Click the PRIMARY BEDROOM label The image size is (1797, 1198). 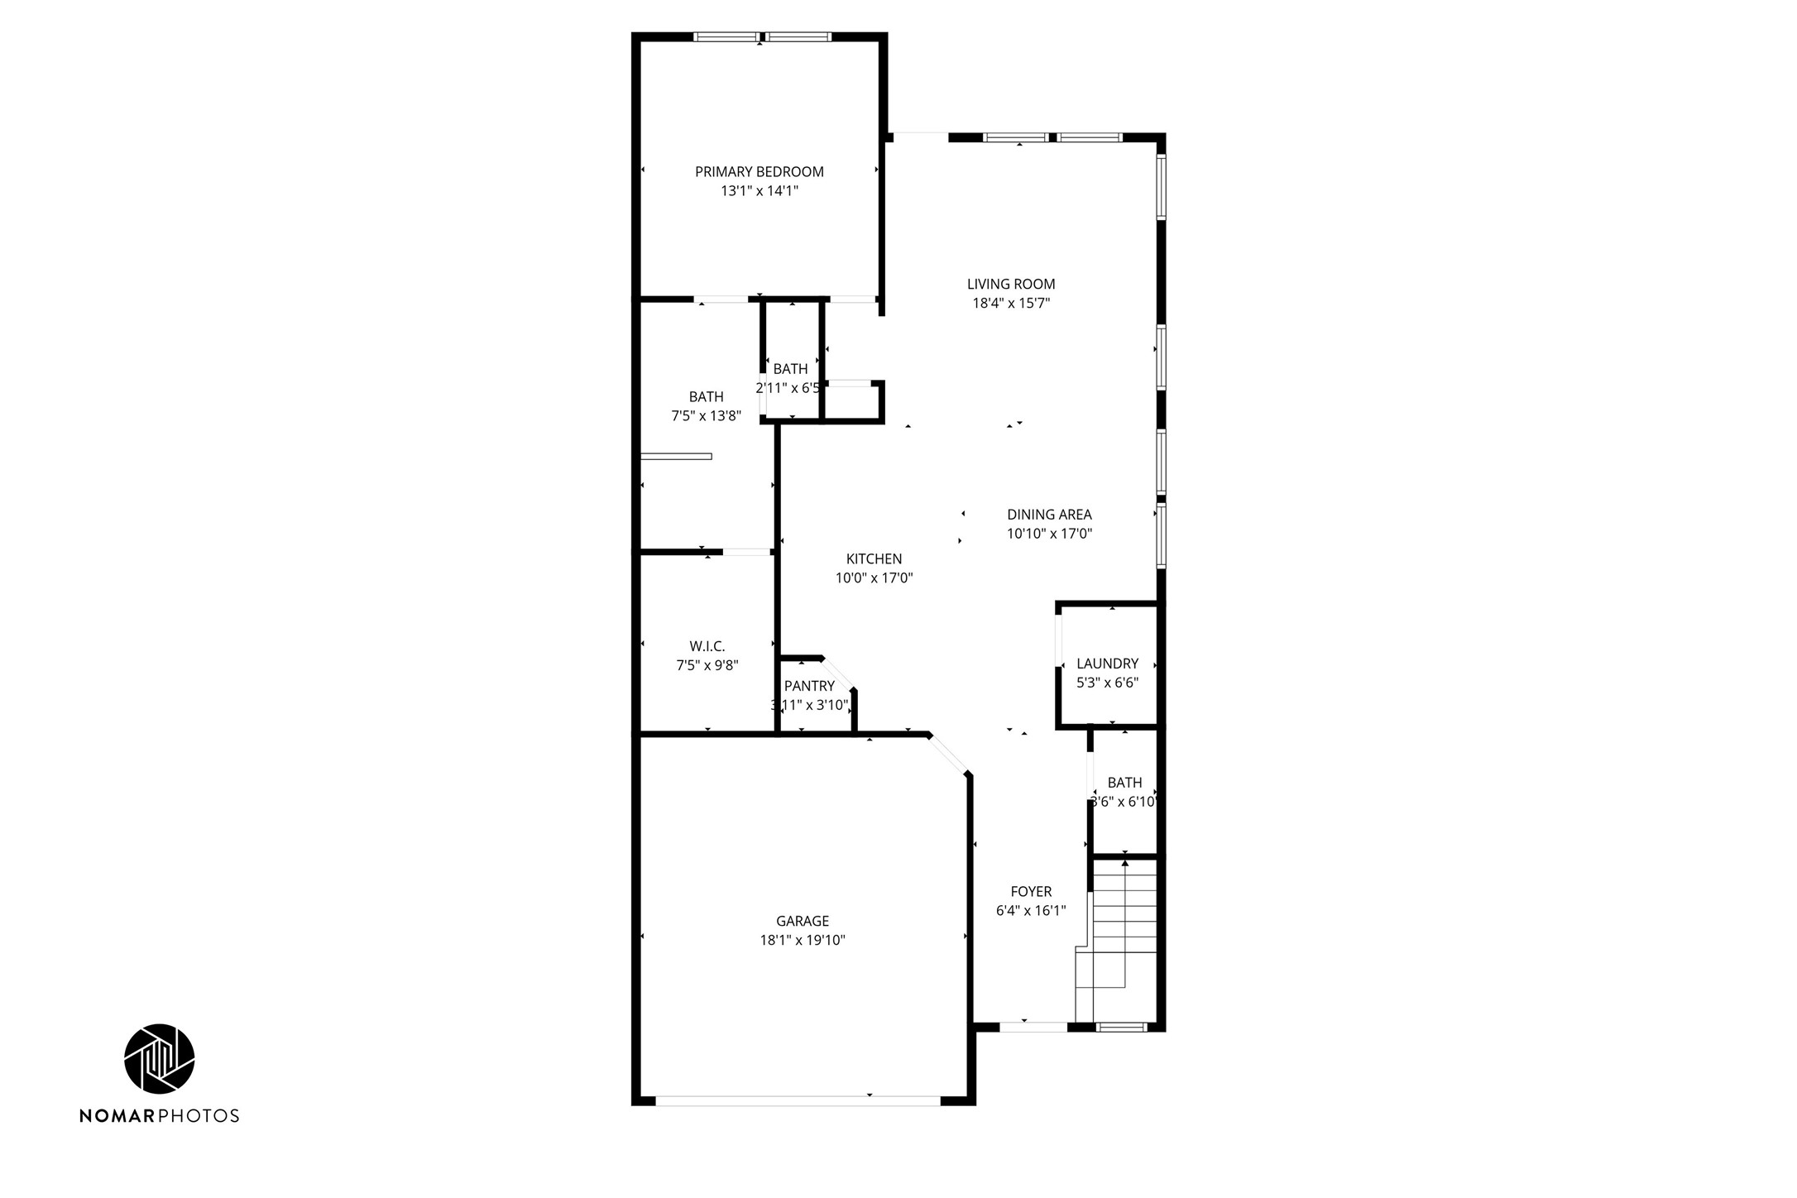(759, 172)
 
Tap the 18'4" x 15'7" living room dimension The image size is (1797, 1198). (1010, 304)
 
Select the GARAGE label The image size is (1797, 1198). (802, 921)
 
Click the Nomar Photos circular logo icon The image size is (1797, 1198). (159, 1059)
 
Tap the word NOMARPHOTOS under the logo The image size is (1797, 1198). (159, 1116)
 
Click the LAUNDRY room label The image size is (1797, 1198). (1107, 664)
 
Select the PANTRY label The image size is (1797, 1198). (808, 686)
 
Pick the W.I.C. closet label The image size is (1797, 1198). (707, 646)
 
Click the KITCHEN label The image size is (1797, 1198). (874, 559)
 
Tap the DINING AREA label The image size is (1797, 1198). (1049, 515)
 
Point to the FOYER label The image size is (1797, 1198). (1031, 892)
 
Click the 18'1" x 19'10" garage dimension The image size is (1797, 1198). (802, 941)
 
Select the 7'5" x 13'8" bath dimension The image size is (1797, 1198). (706, 416)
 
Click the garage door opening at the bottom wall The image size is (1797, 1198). (798, 1101)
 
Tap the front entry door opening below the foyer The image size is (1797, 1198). (1033, 1028)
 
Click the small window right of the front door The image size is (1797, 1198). (1121, 1028)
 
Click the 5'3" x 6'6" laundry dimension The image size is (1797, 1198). (1107, 683)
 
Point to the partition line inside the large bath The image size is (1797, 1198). (676, 457)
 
